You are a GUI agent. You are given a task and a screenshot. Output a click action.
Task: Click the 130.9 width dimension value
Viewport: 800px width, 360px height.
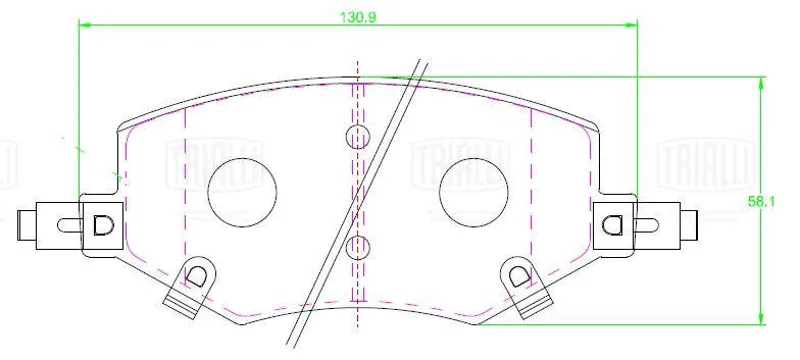click(358, 17)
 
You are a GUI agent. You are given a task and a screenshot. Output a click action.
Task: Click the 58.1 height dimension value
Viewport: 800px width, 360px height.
click(761, 201)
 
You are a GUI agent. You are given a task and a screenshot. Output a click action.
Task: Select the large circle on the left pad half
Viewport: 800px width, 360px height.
click(242, 192)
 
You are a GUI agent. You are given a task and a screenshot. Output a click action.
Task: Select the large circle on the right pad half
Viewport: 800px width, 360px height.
click(473, 192)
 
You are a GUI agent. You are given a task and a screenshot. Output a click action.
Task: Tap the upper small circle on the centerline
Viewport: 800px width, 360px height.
click(358, 136)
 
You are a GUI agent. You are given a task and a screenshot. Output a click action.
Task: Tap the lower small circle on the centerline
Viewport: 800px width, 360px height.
click(358, 248)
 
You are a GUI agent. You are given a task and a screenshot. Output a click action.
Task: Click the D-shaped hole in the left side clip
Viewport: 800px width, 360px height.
click(102, 225)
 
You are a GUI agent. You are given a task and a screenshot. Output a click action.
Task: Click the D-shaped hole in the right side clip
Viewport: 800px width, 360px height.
click(611, 225)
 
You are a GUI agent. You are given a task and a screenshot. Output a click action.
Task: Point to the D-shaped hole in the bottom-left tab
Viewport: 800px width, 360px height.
click(195, 275)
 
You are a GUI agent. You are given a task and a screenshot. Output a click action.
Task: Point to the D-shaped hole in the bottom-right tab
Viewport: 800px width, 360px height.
click(520, 275)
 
